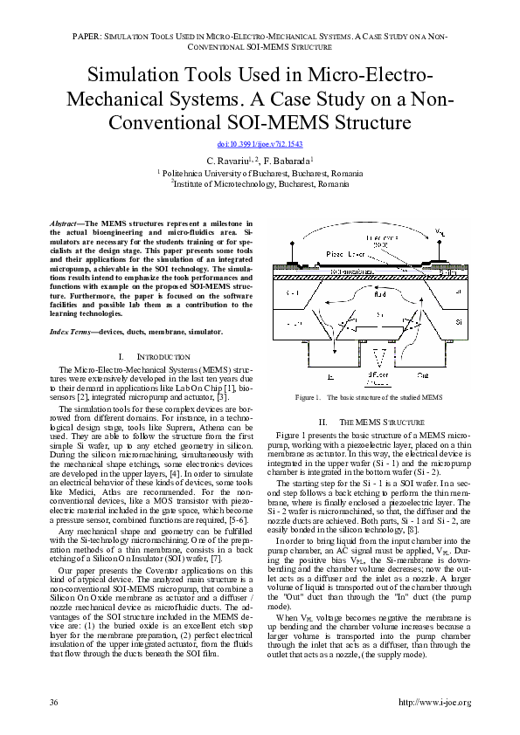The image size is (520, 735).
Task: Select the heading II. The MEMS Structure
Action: click(369, 422)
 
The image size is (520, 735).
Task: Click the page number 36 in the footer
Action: click(54, 703)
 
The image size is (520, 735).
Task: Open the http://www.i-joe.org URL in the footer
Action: click(433, 703)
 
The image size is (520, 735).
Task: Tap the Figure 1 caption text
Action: click(369, 397)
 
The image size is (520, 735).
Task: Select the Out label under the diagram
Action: click(422, 375)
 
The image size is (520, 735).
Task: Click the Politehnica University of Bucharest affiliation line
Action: click(260, 174)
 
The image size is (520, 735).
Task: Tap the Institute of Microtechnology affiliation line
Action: click(260, 184)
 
